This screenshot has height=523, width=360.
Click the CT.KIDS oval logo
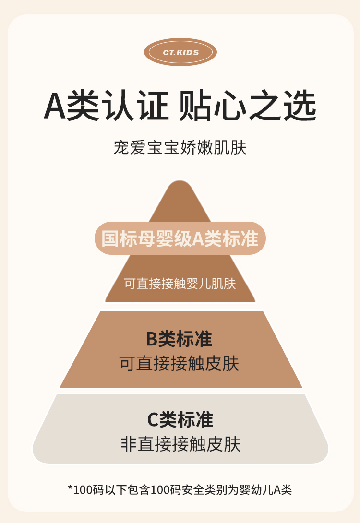pos(180,52)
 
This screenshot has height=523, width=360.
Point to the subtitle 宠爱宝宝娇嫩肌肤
pos(180,148)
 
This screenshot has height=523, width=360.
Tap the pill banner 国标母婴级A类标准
pos(180,238)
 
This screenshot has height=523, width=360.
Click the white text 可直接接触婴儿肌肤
pos(180,284)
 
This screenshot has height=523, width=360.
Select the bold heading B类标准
pos(179,339)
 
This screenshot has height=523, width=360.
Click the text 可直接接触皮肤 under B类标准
pos(179,364)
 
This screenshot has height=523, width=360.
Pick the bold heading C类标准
pos(180,419)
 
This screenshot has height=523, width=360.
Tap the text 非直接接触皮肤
pos(180,444)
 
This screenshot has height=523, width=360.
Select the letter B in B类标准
pos(152,339)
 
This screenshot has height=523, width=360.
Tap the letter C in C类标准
pos(153,420)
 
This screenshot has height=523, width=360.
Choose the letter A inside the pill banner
pos(198,238)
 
